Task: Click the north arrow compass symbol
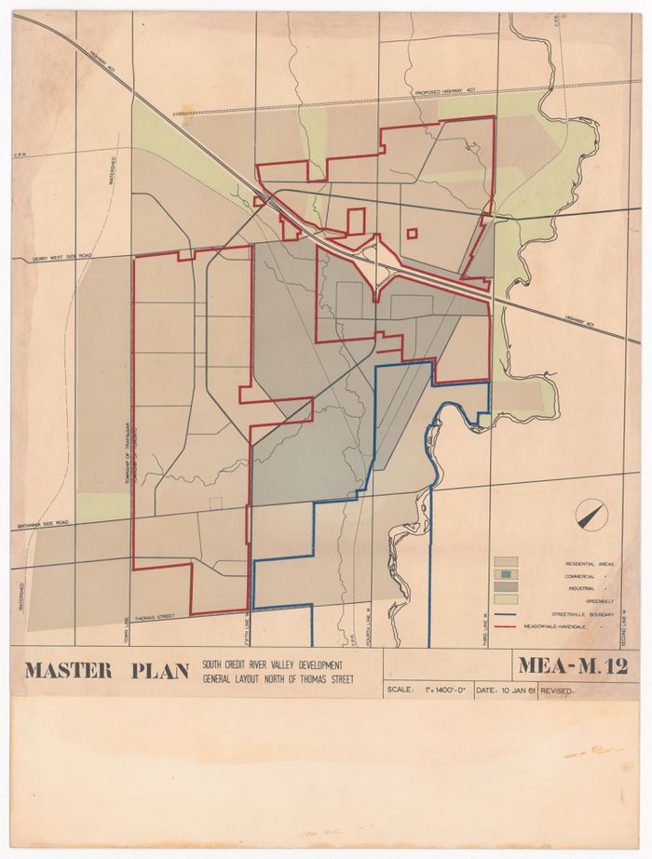591,515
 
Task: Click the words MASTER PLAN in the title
106,670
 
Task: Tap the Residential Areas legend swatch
506,563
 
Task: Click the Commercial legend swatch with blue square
506,575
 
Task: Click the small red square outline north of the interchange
413,234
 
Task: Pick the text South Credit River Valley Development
272,664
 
